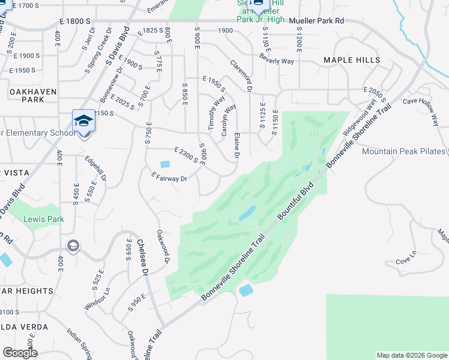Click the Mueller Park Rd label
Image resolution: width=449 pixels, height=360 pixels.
(316, 20)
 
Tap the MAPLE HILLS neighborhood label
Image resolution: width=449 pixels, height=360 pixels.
(352, 60)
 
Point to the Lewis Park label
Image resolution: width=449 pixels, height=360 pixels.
(44, 220)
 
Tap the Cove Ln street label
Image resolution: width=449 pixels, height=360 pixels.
(406, 262)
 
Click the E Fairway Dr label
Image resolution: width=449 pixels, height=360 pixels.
(170, 178)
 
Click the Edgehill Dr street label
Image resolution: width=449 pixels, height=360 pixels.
(96, 170)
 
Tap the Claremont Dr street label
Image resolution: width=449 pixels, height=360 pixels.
(240, 76)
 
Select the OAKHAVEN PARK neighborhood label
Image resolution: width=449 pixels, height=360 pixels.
(33, 95)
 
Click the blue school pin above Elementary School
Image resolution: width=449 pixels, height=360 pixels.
(83, 120)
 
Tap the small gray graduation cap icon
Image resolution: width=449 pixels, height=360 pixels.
(73, 245)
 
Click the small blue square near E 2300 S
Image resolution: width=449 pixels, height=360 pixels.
(165, 164)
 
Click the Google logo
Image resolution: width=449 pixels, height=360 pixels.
(20, 353)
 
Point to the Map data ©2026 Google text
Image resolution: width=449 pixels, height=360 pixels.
(411, 355)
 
